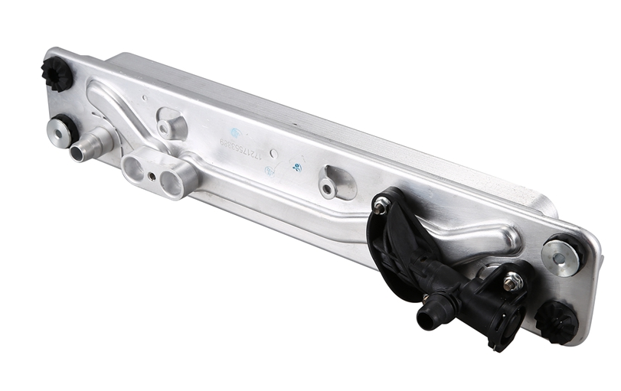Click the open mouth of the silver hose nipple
point(79,154)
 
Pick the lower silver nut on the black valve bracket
point(514,283)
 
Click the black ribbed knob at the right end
point(557,320)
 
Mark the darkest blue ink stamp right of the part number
point(297,168)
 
